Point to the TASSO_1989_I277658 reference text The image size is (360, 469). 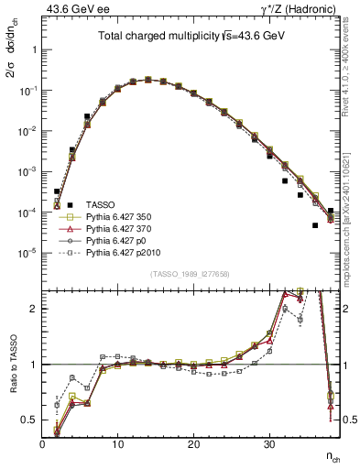[191, 274]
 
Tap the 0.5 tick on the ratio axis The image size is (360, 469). [30, 420]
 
